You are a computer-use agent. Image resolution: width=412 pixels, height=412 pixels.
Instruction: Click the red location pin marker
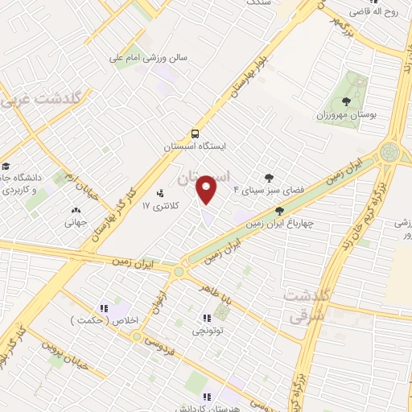coord(208,190)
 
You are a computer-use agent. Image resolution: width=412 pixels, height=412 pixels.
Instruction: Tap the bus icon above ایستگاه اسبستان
coord(195,134)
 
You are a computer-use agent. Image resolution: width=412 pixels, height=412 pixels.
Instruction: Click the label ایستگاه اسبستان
coord(196,146)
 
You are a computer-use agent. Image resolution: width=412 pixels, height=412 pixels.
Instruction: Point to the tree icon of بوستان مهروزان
coord(346,101)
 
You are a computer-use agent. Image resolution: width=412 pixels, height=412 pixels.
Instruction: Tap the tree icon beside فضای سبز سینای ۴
coord(268,178)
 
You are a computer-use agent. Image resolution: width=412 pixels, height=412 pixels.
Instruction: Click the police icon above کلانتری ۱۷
coord(159,193)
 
